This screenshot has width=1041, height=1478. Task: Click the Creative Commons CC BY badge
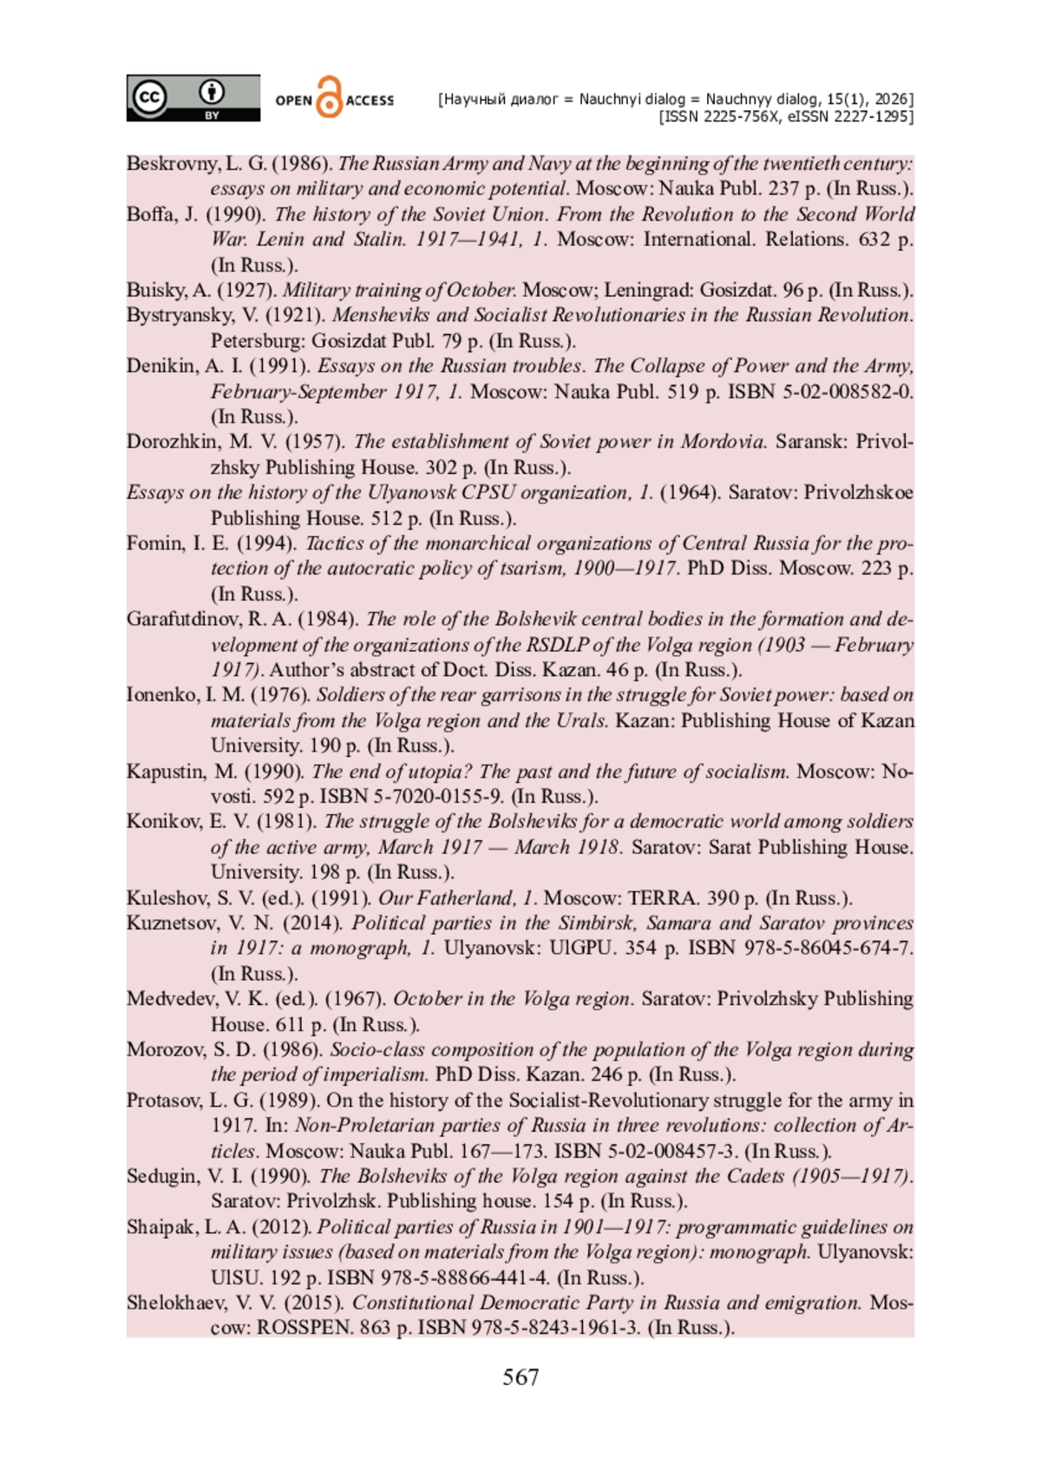pyautogui.click(x=193, y=97)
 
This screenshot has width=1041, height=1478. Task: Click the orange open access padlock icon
pyautogui.click(x=330, y=97)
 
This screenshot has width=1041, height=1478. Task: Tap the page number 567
pyautogui.click(x=520, y=1377)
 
